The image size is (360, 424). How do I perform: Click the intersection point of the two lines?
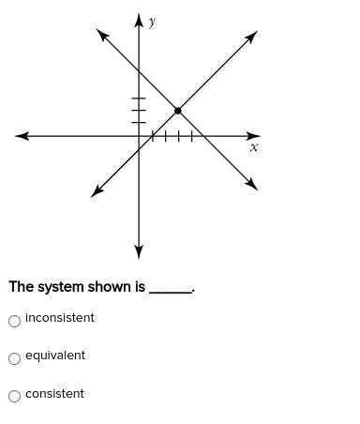177,111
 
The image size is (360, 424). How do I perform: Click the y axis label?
152,22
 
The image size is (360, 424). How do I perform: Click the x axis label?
253,147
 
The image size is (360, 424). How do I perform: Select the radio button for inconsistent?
14,321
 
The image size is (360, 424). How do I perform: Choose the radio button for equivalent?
14,358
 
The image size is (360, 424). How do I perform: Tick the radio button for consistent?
14,396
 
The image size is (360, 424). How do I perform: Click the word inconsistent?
60,318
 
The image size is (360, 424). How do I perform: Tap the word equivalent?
55,356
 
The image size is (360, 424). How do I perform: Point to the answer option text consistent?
54,394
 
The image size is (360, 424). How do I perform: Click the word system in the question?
57,287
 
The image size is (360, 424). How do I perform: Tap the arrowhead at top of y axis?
139,20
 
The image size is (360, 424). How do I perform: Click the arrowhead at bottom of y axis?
139,251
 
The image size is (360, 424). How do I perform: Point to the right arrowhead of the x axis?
254,136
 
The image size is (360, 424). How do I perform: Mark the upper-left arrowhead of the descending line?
101,34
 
